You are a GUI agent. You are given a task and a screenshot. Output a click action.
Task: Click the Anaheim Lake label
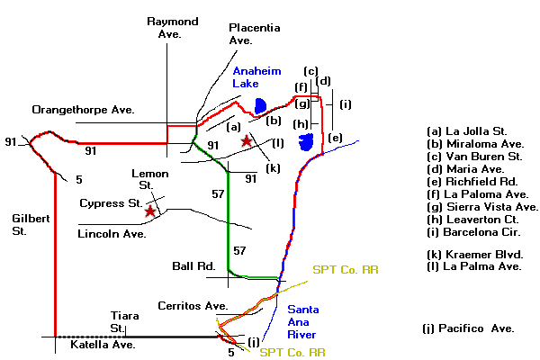257,76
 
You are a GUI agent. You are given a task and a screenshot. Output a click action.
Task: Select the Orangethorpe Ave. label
83,110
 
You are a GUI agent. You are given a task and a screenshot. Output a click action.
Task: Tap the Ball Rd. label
193,266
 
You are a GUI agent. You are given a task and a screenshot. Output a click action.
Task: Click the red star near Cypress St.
148,210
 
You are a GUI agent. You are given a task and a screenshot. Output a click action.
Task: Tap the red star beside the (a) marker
246,141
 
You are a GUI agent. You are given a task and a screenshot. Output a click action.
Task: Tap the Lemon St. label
146,179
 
